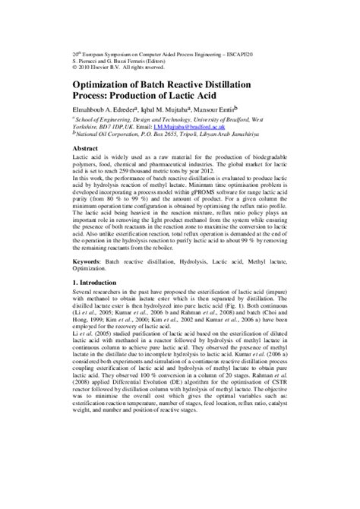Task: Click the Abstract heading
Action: [x=87, y=148]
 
